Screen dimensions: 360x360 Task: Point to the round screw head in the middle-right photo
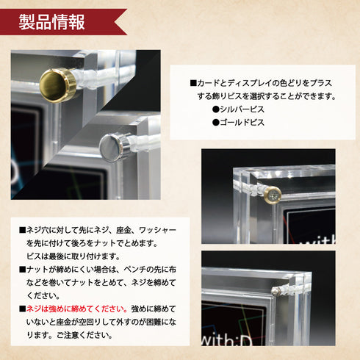273,195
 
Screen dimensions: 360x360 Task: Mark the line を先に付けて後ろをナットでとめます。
91,242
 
